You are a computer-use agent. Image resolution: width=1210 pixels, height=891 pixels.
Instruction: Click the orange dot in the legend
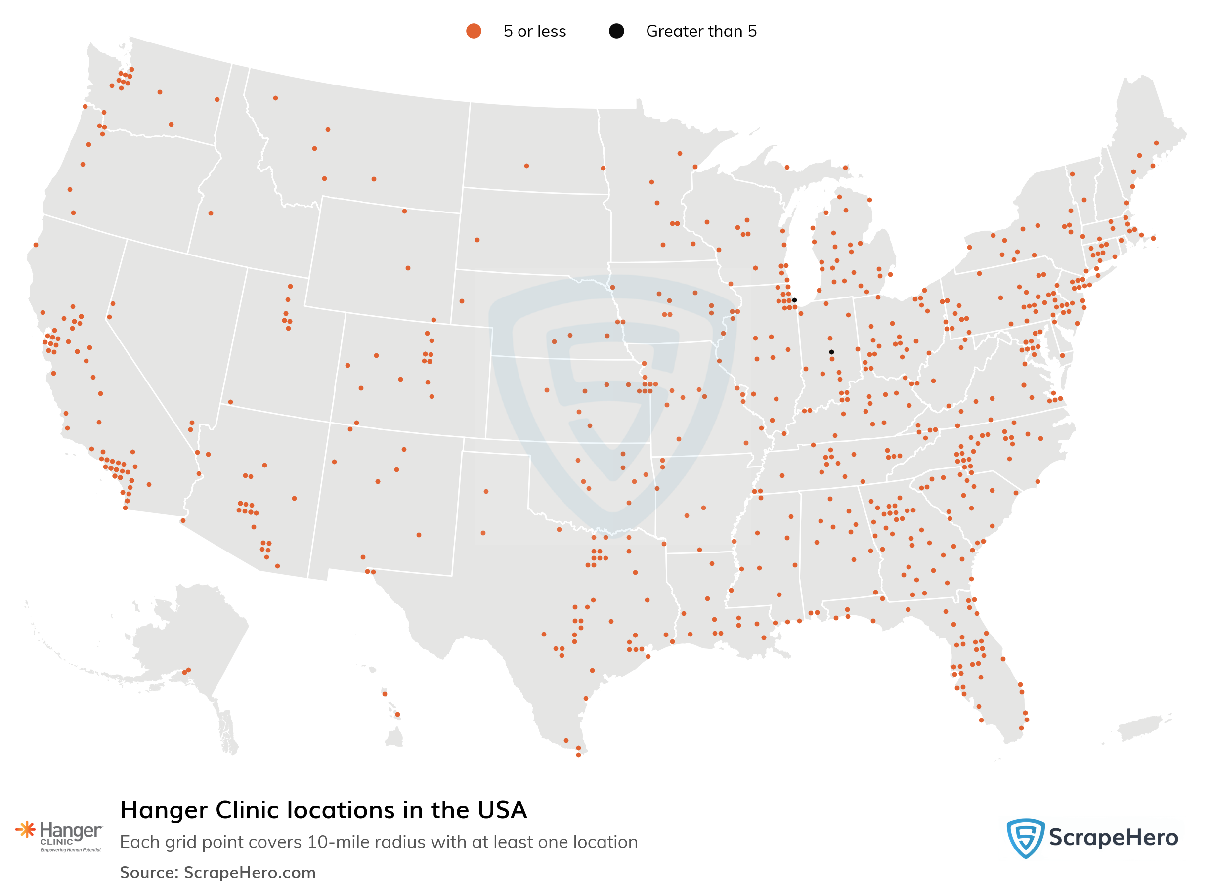[473, 31]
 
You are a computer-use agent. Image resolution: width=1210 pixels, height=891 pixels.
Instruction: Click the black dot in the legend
[616, 31]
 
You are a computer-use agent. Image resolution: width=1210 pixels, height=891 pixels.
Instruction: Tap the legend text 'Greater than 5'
[701, 31]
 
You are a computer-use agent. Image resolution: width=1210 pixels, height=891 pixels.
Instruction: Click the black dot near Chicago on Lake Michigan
[794, 300]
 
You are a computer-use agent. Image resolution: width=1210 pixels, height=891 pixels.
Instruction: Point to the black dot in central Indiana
[831, 352]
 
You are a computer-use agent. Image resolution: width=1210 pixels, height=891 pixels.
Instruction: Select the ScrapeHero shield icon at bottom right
[1025, 838]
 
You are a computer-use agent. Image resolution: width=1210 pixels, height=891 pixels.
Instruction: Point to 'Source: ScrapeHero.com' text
[217, 872]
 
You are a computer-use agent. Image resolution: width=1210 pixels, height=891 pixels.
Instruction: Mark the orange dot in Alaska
[186, 671]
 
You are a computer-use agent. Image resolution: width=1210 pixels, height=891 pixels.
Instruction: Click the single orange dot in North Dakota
[526, 166]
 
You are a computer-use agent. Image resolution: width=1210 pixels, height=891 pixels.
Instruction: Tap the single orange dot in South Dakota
[477, 240]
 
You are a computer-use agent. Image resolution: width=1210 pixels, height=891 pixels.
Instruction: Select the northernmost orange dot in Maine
[1156, 143]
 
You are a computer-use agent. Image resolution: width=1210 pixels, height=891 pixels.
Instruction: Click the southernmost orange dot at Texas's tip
[578, 755]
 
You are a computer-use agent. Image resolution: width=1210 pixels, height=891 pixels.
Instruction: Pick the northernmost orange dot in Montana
[275, 98]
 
